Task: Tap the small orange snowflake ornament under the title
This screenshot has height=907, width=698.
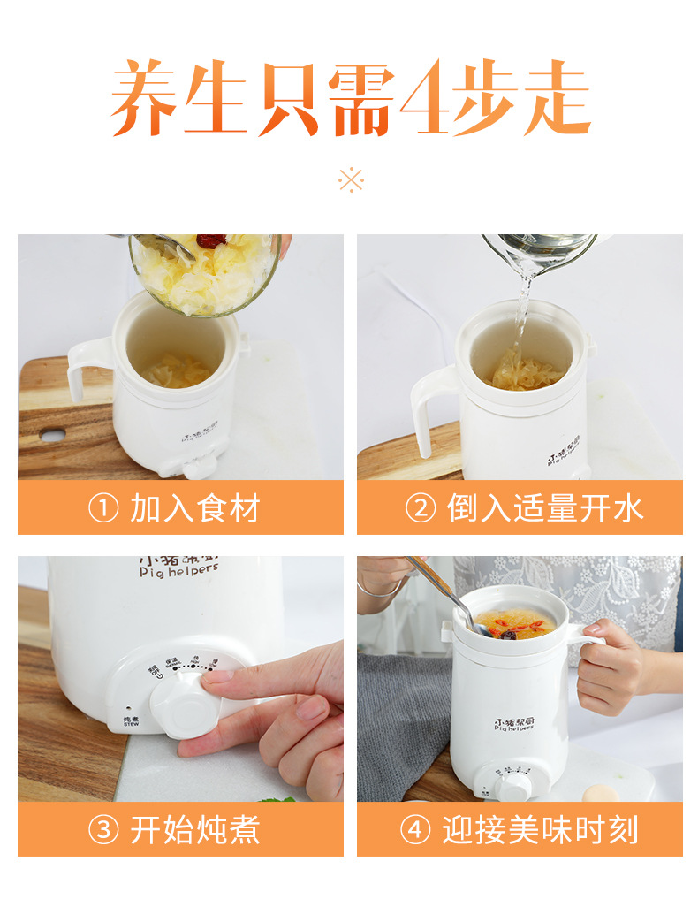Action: pyautogui.click(x=351, y=179)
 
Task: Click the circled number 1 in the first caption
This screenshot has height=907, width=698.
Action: pyautogui.click(x=102, y=509)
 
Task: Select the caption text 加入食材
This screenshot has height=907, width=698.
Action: pyautogui.click(x=195, y=509)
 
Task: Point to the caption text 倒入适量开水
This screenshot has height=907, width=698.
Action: pyautogui.click(x=545, y=509)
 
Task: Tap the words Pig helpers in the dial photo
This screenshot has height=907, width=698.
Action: pyautogui.click(x=178, y=572)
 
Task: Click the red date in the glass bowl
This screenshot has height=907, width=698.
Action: pyautogui.click(x=211, y=240)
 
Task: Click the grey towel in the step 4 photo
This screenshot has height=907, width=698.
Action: pyautogui.click(x=402, y=716)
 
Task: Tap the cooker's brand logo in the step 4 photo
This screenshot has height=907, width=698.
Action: pyautogui.click(x=512, y=725)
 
